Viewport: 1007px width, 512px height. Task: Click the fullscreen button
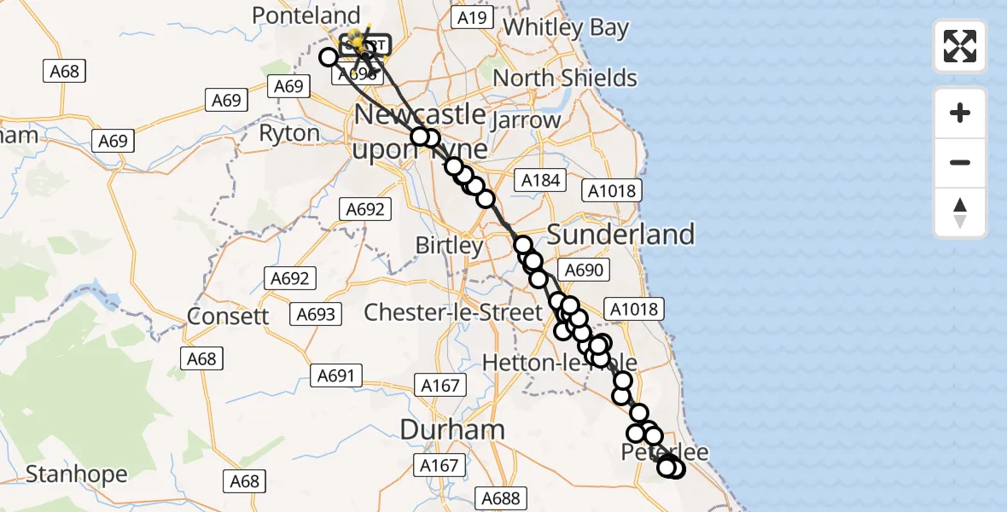[960, 46]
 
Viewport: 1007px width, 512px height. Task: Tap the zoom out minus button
[960, 162]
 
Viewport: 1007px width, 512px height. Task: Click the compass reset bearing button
[960, 213]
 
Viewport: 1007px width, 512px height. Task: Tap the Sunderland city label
[620, 234]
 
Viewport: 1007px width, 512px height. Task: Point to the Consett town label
[228, 316]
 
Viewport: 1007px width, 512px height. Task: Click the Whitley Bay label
[566, 27]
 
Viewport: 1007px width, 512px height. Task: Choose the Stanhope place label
[76, 474]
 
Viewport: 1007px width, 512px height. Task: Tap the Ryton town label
[289, 133]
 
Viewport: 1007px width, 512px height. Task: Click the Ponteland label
[306, 15]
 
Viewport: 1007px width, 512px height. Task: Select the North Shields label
[565, 78]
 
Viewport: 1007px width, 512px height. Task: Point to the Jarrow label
[526, 120]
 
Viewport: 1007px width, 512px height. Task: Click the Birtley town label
[449, 246]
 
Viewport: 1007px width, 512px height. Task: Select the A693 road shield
[317, 314]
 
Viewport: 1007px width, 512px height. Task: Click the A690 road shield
[584, 271]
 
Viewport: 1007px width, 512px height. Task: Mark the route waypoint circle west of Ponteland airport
[329, 57]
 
